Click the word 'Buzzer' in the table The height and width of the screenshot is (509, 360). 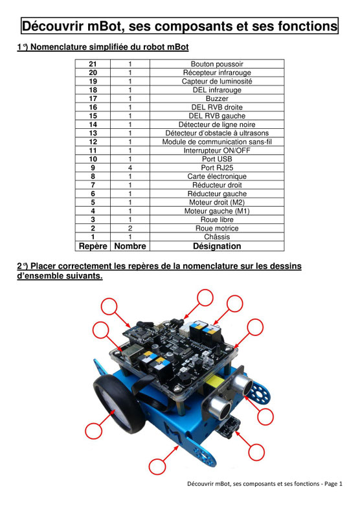coord(217,98)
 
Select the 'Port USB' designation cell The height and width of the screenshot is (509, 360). coord(217,159)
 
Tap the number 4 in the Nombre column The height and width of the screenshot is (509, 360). coord(130,168)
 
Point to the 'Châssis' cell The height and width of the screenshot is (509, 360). coord(217,237)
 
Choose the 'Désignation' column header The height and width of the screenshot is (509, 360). coord(217,247)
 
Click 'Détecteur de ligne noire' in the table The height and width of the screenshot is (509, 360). coord(217,124)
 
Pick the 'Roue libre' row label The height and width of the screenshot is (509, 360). coord(217,220)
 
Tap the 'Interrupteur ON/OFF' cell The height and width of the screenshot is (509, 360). coord(217,150)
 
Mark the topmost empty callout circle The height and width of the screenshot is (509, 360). coord(205,297)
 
